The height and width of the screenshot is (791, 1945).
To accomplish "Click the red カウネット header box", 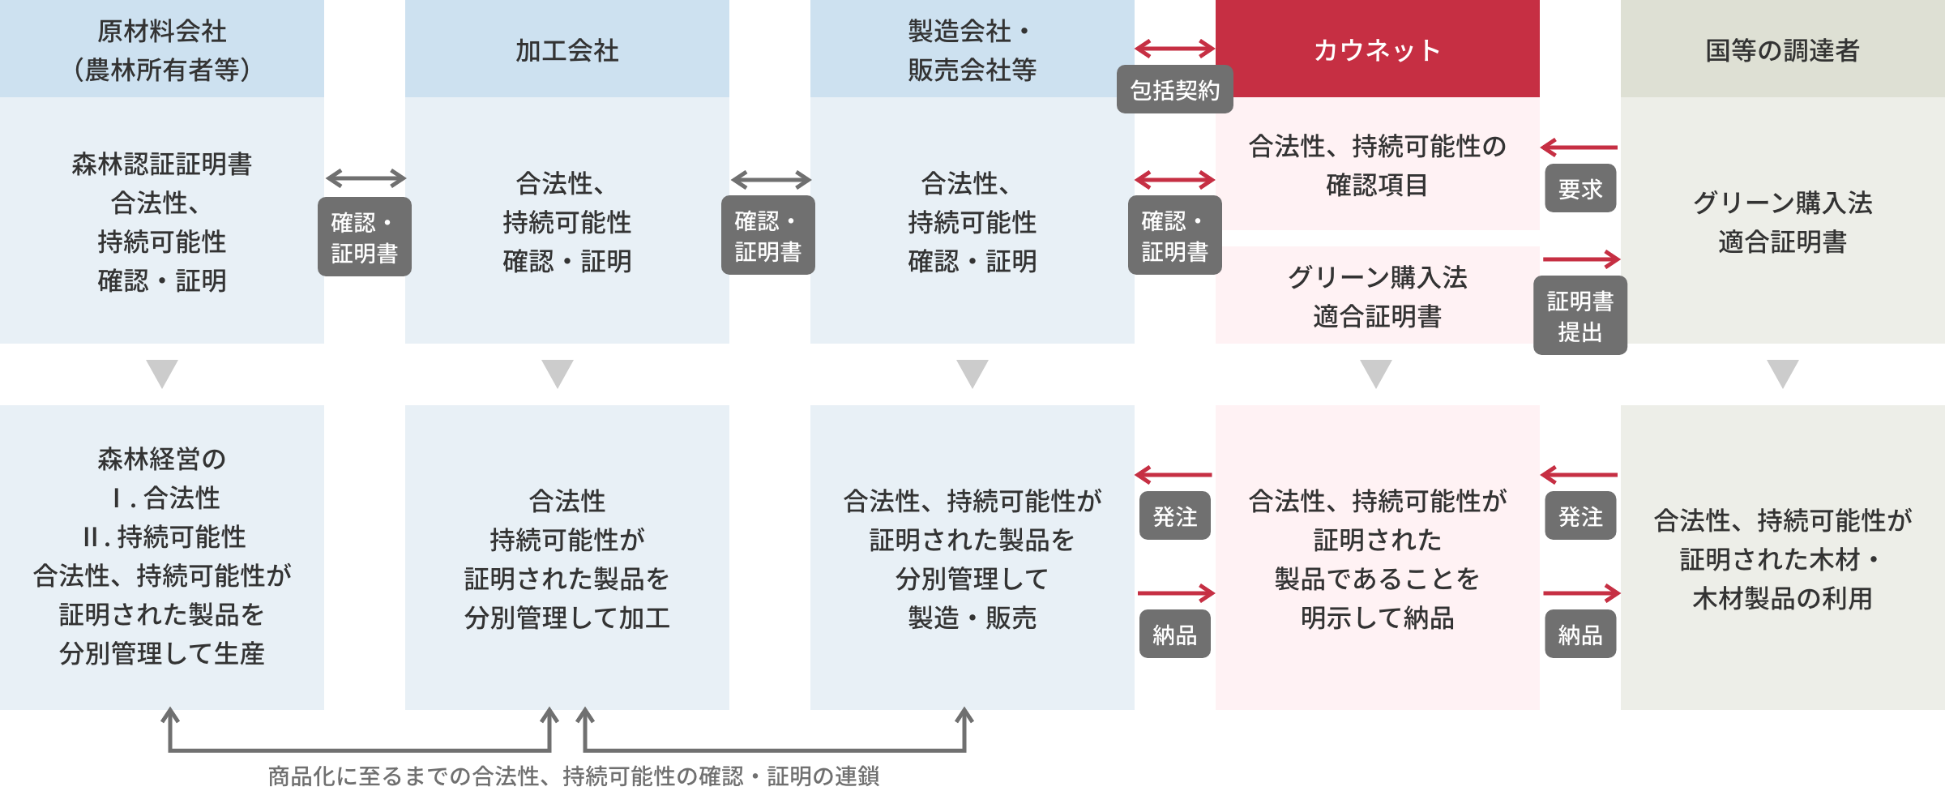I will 1377,49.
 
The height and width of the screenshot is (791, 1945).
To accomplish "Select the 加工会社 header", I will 566,50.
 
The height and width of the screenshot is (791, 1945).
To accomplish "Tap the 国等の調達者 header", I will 1782,50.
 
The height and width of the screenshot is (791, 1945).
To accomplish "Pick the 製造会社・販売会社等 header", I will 972,50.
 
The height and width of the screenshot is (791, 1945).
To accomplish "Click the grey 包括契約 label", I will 1174,90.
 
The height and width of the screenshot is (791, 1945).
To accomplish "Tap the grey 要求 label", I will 1580,189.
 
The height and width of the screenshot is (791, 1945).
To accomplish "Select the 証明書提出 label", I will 1580,316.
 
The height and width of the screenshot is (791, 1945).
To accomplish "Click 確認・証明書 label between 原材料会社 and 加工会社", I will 364,237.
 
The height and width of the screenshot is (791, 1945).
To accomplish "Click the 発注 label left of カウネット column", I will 1174,516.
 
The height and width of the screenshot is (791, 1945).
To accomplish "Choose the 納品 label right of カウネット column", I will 1580,635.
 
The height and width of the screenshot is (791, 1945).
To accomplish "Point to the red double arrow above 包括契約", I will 1174,49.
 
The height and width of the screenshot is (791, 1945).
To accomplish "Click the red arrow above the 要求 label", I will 1579,148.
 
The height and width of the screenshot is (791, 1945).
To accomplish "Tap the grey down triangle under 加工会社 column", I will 558,374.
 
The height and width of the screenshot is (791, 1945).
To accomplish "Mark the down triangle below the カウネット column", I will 1376,374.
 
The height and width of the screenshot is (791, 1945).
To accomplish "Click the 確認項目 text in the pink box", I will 1377,186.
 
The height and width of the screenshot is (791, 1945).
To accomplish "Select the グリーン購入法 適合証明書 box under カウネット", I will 1377,296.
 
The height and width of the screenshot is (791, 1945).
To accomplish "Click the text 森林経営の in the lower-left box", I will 161,459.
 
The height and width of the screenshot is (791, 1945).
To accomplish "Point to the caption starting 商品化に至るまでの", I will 573,776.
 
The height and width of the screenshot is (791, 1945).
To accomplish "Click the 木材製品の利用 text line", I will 1782,598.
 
